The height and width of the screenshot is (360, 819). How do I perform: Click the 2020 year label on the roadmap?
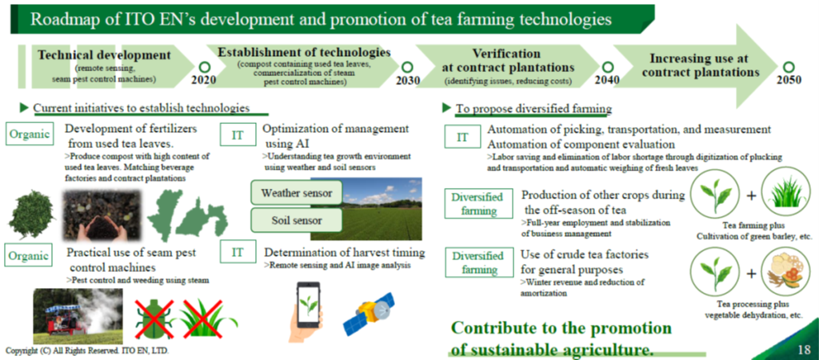click(x=204, y=80)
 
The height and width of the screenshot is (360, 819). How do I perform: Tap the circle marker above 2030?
click(x=407, y=67)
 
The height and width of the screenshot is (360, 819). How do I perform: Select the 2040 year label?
click(x=607, y=80)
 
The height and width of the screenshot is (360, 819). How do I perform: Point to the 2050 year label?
click(x=789, y=80)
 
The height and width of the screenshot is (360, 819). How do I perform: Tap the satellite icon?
click(x=369, y=314)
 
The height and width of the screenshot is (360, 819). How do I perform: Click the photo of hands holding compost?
click(x=102, y=214)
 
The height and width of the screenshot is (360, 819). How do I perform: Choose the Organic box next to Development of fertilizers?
click(x=30, y=134)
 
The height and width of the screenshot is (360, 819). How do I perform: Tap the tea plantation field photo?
click(x=366, y=209)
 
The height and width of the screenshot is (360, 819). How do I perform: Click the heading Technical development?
click(x=105, y=55)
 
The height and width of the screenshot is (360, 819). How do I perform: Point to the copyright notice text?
click(x=87, y=350)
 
